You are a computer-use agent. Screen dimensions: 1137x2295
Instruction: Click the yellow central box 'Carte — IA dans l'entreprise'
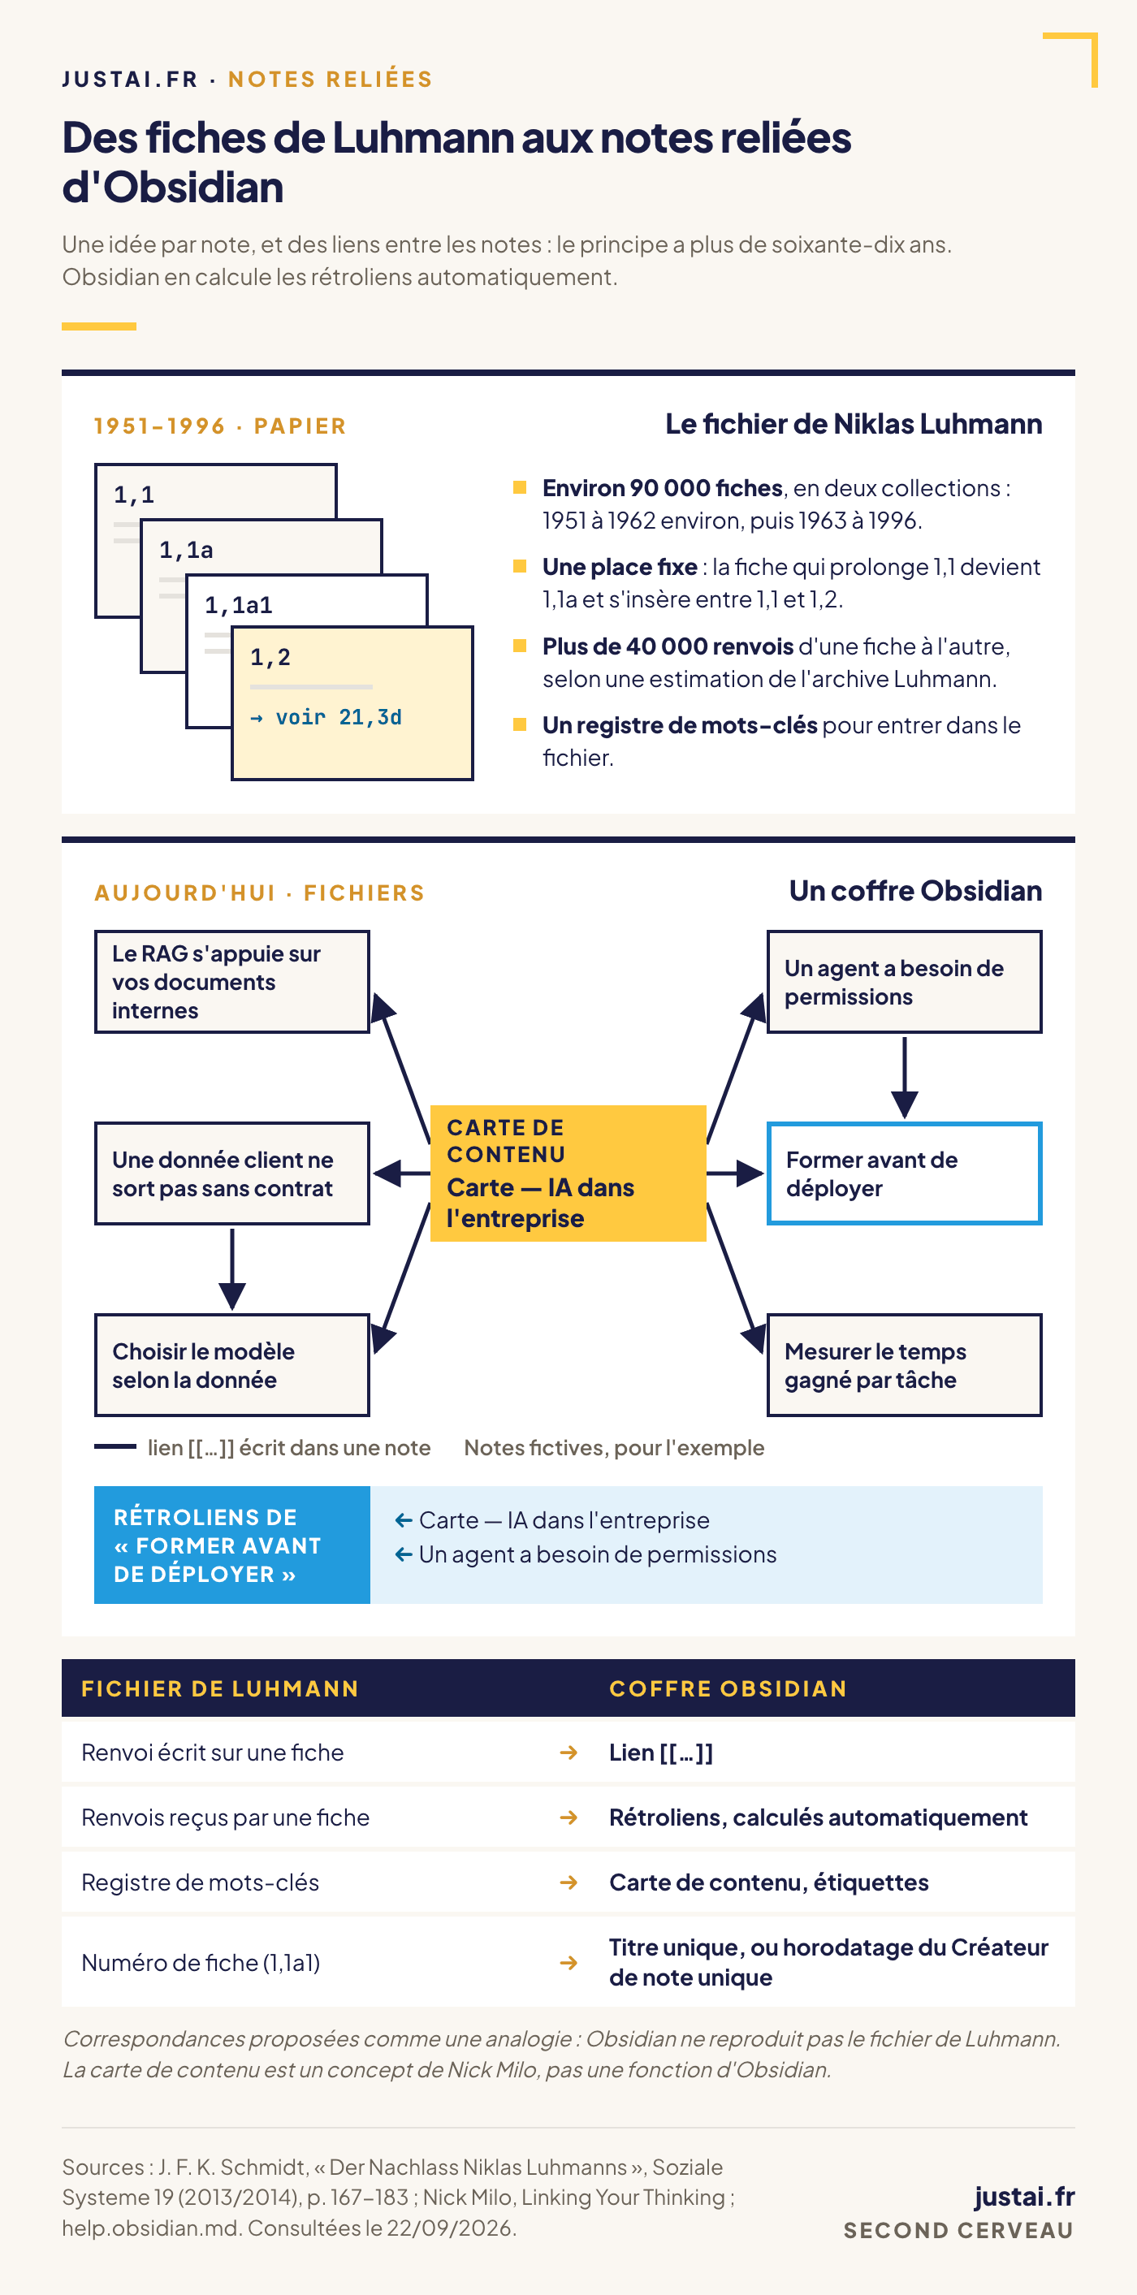pos(568,1173)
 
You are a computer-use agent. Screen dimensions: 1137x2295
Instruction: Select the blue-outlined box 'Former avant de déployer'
pos(904,1173)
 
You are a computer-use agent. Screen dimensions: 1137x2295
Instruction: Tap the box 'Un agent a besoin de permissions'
pos(904,982)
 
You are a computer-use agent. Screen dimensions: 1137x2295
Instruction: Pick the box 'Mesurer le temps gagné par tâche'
pos(904,1365)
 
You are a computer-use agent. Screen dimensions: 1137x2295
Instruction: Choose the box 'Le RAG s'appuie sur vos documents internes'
pos(231,982)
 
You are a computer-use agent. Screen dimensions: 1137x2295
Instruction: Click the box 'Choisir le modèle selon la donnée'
pos(231,1365)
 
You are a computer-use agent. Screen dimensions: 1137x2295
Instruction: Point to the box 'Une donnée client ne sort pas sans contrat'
pos(231,1173)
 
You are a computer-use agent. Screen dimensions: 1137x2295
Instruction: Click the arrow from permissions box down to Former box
pos(905,1077)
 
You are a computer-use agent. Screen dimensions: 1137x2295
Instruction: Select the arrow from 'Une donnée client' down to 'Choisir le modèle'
pos(231,1269)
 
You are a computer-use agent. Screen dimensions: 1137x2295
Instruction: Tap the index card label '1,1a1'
pos(238,606)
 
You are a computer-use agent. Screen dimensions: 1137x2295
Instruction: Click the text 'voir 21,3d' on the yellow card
pos(339,717)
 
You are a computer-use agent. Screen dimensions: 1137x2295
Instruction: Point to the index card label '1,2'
pos(270,658)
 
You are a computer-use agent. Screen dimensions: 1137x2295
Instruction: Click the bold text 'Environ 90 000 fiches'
pos(662,488)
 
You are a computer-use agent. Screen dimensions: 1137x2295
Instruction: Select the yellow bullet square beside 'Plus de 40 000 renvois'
pos(520,646)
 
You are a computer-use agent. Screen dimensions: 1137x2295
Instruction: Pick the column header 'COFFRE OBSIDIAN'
pos(728,1688)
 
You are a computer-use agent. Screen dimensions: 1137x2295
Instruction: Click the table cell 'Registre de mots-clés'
pos(200,1882)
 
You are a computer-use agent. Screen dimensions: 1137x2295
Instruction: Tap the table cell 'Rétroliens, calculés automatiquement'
pos(818,1817)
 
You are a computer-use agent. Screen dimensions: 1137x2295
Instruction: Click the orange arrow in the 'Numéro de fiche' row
pos(568,1962)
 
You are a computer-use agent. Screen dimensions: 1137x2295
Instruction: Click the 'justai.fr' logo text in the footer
pos(1024,2197)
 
